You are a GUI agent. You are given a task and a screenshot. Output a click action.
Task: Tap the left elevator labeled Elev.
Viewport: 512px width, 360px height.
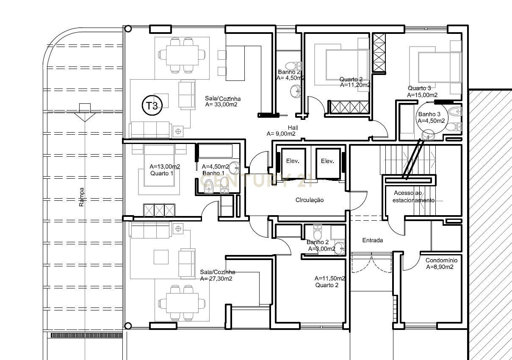[x=293, y=161]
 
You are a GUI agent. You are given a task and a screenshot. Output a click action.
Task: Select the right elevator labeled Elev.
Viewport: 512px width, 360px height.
[x=327, y=161]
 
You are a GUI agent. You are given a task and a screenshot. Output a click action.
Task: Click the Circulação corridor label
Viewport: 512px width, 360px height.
[x=310, y=200]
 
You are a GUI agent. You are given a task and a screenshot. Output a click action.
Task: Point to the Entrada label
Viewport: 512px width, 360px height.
[x=373, y=240]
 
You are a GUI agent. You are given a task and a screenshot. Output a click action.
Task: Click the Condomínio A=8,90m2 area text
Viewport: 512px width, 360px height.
[x=441, y=264]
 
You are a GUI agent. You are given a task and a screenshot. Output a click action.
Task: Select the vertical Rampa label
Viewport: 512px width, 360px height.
[x=82, y=197]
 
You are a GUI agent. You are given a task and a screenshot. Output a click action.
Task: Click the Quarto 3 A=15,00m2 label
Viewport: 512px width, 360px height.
[x=422, y=92]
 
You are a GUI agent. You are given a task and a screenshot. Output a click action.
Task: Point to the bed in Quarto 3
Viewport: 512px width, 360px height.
[x=439, y=67]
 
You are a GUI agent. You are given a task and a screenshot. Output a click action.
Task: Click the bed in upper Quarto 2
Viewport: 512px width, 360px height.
[x=346, y=64]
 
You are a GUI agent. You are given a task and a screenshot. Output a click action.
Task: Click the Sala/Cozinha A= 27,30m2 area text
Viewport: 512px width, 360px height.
[x=217, y=275]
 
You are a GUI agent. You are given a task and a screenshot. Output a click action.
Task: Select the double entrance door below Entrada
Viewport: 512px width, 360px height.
[x=371, y=263]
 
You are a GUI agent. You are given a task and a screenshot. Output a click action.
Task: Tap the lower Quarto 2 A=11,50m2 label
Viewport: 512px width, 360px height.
[x=329, y=282]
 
